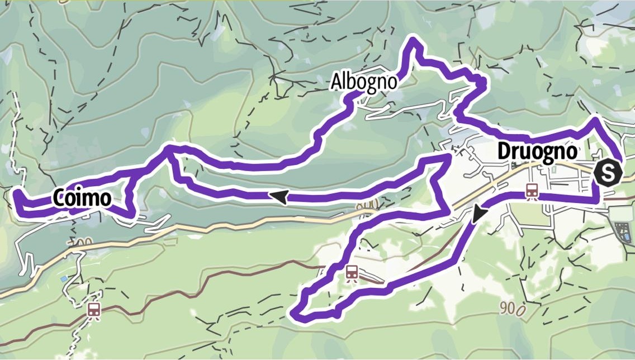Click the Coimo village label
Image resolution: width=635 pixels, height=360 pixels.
coord(80,197)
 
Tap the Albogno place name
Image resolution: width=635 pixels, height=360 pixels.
coord(364,82)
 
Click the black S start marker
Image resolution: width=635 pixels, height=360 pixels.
coord(608,172)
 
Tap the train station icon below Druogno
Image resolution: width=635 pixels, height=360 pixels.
coord(532,191)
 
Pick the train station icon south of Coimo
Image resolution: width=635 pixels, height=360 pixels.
coord(94,309)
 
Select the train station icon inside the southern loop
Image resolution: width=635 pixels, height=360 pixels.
coord(352,273)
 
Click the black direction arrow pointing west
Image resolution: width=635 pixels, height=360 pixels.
coord(279,196)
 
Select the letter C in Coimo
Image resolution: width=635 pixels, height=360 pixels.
coord(60,197)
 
